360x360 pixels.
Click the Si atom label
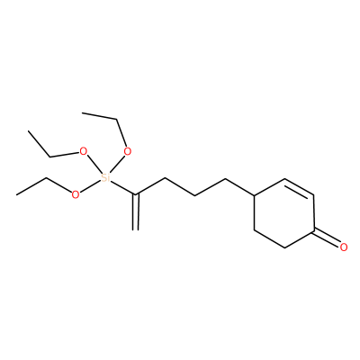[104, 178]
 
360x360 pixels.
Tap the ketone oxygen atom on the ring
[344, 247]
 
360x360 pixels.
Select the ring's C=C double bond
[299, 188]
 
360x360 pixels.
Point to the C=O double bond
[327, 238]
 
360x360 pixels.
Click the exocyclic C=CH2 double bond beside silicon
[136, 212]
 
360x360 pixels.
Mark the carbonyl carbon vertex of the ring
[314, 230]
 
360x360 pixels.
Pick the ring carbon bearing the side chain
[255, 195]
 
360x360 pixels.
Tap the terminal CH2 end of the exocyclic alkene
[136, 230]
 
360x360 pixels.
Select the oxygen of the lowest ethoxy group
[76, 194]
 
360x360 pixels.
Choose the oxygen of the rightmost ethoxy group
[128, 152]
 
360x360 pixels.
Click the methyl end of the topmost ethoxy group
[83, 113]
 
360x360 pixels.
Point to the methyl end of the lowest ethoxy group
[17, 195]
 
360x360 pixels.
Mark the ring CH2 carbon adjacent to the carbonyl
[284, 247]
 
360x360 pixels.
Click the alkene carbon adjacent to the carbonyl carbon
[314, 196]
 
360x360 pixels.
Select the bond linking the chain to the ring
[240, 187]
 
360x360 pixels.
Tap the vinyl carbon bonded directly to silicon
[136, 195]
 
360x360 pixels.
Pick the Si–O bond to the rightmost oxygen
[117, 164]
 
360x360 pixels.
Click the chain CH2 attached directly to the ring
[225, 179]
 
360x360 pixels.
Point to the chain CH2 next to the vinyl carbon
[166, 179]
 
